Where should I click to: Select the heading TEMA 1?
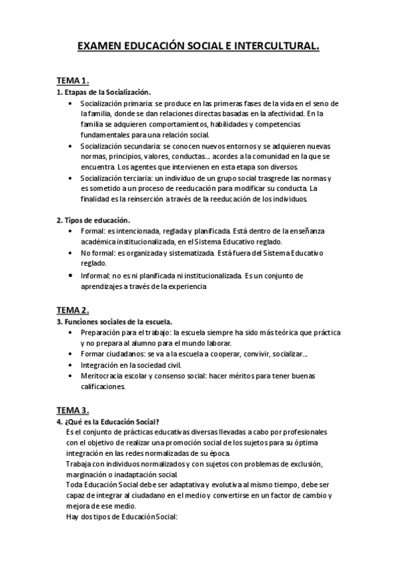pos(73,80)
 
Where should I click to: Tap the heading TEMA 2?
pos(73,310)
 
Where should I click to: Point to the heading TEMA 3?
pos(73,410)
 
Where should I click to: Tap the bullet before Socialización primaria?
pos(71,104)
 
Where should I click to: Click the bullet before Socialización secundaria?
pos(71,146)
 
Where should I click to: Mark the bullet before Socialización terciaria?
pos(71,178)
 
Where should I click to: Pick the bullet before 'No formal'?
pos(71,253)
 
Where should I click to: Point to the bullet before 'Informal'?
pos(71,275)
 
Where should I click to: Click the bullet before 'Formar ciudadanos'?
pos(71,354)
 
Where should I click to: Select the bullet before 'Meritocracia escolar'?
pos(71,375)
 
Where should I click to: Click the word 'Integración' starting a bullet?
pos(100,365)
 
